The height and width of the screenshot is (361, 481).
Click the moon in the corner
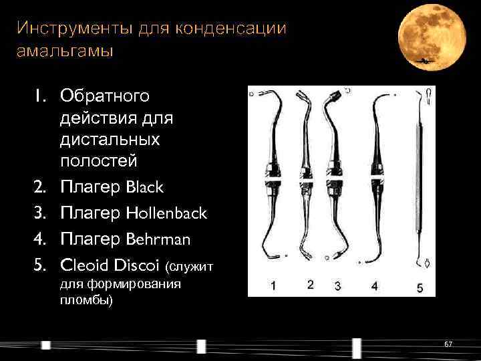(432, 37)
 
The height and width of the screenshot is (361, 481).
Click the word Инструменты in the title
(67, 28)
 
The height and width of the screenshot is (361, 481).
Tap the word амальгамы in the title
(65, 51)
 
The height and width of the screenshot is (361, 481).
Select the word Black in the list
(144, 188)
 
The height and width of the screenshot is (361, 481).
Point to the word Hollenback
(166, 213)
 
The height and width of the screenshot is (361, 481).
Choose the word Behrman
(158, 239)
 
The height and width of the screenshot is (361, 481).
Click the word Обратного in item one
(105, 97)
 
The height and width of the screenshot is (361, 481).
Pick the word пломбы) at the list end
(87, 300)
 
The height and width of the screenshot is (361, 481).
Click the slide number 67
(448, 344)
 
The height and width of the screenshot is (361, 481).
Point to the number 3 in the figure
(337, 285)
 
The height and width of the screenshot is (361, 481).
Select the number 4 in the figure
(374, 285)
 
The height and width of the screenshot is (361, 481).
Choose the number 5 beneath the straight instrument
(420, 288)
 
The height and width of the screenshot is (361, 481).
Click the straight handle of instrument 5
(420, 180)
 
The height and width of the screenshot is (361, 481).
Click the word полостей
(99, 161)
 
